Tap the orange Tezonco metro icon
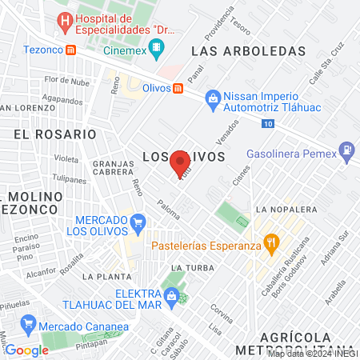click(x=71, y=50)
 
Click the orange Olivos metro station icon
click(x=177, y=88)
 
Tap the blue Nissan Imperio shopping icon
click(x=212, y=98)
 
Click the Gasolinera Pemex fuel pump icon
click(x=346, y=149)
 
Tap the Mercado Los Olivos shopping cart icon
click(x=139, y=222)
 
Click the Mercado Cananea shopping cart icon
click(x=30, y=325)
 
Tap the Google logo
click(x=26, y=350)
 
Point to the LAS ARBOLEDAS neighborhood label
click(x=249, y=50)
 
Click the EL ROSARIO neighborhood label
click(x=45, y=135)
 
